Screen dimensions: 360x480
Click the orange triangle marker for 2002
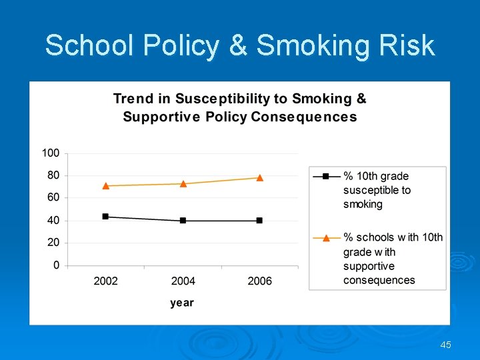[105, 185]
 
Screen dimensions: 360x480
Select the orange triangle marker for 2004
[183, 183]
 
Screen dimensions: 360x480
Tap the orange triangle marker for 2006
[259, 177]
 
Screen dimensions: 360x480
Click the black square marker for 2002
[105, 217]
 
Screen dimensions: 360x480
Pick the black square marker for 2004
[183, 221]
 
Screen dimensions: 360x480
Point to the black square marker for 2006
[259, 221]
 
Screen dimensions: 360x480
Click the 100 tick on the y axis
[51, 153]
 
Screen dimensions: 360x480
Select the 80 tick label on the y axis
[53, 175]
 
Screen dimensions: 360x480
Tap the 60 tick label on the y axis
[53, 198]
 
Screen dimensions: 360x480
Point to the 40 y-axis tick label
[53, 221]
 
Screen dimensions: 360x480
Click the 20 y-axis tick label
[53, 243]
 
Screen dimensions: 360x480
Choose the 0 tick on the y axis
[56, 265]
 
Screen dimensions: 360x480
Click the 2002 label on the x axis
[105, 281]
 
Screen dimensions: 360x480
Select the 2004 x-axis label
[183, 281]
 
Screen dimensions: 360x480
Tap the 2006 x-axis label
[259, 281]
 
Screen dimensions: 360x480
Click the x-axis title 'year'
[182, 303]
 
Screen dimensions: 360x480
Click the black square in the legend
[326, 176]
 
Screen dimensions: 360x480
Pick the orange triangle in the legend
[326, 237]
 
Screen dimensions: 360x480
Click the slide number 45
[446, 345]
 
